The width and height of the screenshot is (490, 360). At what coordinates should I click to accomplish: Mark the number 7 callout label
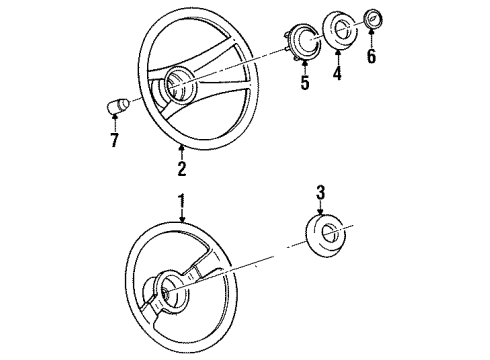click(113, 140)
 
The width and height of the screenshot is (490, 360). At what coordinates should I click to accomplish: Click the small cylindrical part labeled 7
click(113, 106)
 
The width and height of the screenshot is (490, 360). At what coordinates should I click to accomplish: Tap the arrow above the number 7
click(113, 124)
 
